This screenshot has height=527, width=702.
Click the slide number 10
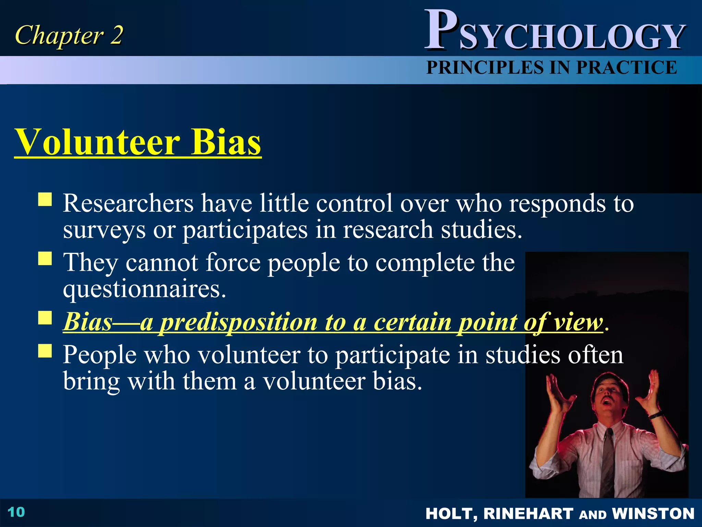[x=16, y=512]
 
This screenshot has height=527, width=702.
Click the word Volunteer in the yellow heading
[x=97, y=142]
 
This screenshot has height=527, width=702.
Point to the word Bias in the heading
[x=226, y=142]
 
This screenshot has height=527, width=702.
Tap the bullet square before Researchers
[x=45, y=199]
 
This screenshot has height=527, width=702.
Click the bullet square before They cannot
[x=45, y=259]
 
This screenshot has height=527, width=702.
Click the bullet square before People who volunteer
[x=45, y=351]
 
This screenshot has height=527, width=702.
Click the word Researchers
[x=128, y=203]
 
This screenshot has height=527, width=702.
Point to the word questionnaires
[x=144, y=289]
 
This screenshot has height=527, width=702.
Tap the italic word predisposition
[x=239, y=323]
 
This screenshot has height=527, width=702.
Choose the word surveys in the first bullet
[x=104, y=230]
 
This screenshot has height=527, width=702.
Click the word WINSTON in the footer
[x=653, y=514]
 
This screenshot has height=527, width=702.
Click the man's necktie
[x=608, y=456]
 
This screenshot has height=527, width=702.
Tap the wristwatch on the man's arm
[x=655, y=415]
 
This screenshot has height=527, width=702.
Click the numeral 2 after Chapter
[x=116, y=35]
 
